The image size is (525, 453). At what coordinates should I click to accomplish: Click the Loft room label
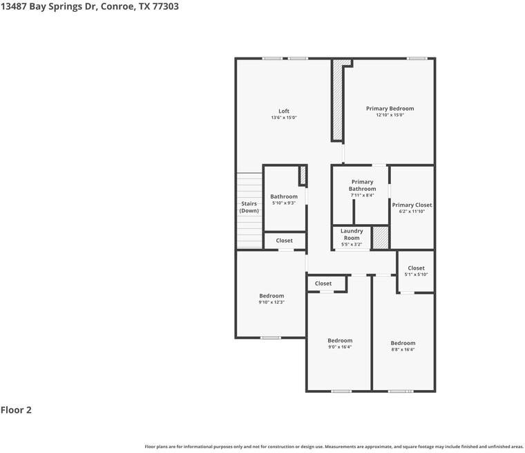pos(284,111)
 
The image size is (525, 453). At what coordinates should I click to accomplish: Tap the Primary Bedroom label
pos(390,109)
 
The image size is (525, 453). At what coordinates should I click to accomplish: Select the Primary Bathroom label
pos(362,185)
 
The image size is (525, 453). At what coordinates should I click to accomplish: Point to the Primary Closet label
pos(412,205)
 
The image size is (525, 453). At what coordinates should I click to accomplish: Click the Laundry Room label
pos(352,234)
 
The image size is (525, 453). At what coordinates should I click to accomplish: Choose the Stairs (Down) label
pos(249,207)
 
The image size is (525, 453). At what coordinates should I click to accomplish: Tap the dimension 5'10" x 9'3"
pos(284,203)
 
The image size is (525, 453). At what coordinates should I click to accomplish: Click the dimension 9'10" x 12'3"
pos(271,302)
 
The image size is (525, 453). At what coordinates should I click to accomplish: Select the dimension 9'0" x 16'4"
pos(340,346)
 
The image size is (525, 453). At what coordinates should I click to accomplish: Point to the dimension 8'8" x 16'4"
pos(403,349)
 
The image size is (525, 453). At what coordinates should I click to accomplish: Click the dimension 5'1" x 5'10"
pos(416,275)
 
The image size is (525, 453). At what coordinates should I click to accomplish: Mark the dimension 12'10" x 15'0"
pos(390,115)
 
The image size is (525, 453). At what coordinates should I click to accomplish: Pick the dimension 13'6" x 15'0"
pos(284,118)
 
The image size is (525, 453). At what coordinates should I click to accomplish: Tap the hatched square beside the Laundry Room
pos(381,237)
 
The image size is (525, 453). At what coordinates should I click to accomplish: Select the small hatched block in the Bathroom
pos(303,175)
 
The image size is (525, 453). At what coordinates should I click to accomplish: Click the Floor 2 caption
pos(16,410)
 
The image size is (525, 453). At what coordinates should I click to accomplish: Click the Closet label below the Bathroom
pos(284,241)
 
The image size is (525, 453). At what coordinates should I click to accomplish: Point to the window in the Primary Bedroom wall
pos(417,58)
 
